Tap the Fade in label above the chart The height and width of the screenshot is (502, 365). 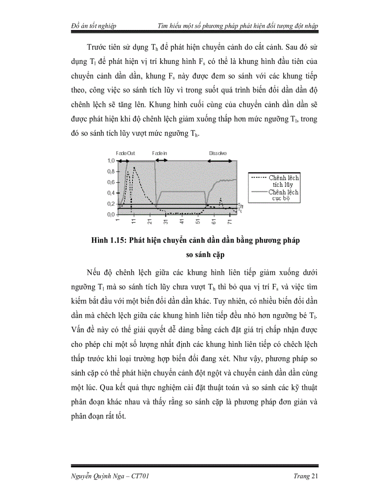[x=160, y=153]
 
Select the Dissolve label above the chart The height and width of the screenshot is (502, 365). [x=218, y=153]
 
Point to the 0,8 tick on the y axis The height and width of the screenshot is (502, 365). [x=110, y=172]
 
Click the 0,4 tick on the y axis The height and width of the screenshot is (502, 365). [x=110, y=193]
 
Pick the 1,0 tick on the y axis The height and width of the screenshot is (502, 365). [x=110, y=161]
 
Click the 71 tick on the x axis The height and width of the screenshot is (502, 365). [x=230, y=221]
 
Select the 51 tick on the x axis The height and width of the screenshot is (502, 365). [x=198, y=221]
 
